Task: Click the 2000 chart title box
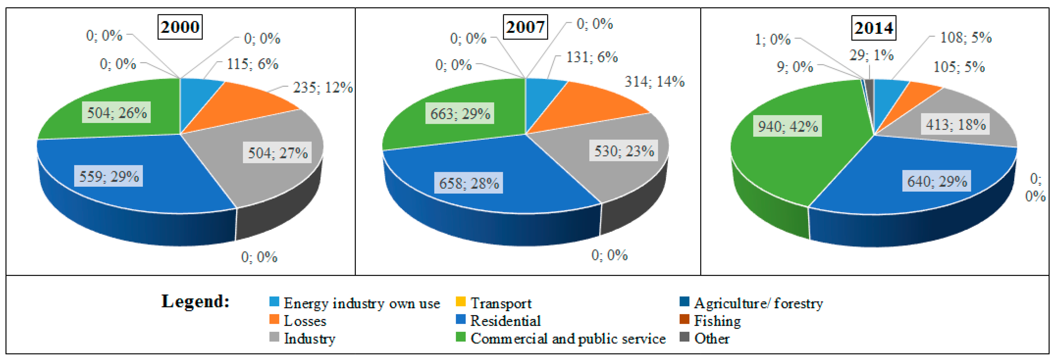(x=180, y=27)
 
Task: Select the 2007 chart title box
(x=525, y=27)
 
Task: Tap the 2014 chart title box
(x=873, y=28)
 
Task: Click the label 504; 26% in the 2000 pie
(x=117, y=113)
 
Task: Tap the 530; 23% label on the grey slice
(x=624, y=151)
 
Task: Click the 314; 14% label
(x=654, y=81)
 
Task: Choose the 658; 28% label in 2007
(x=469, y=183)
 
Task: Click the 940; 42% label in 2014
(x=788, y=126)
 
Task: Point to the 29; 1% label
(x=871, y=55)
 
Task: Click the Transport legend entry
(x=500, y=303)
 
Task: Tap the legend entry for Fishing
(x=717, y=321)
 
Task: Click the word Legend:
(x=195, y=301)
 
